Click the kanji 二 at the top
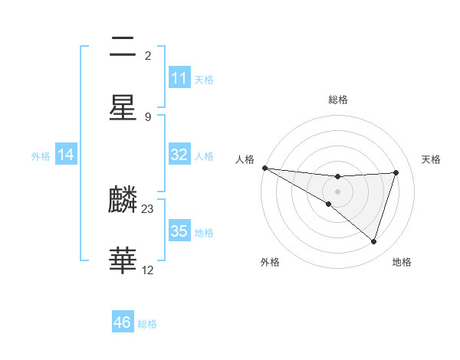click(x=123, y=48)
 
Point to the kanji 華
click(x=123, y=260)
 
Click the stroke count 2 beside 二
click(x=148, y=55)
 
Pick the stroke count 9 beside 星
click(x=148, y=116)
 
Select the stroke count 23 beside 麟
click(x=149, y=208)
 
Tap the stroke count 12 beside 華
click(x=149, y=270)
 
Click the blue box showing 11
click(x=179, y=78)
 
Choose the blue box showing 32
click(x=179, y=155)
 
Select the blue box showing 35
click(x=179, y=231)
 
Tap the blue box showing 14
click(x=66, y=155)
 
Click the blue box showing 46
click(x=123, y=322)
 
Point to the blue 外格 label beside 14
click(x=41, y=155)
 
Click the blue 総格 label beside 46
click(x=147, y=324)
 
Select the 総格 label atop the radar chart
click(x=338, y=100)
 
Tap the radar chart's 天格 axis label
click(x=432, y=159)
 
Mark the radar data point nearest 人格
click(x=264, y=168)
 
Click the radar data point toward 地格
click(x=374, y=242)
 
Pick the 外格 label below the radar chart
click(x=270, y=262)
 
